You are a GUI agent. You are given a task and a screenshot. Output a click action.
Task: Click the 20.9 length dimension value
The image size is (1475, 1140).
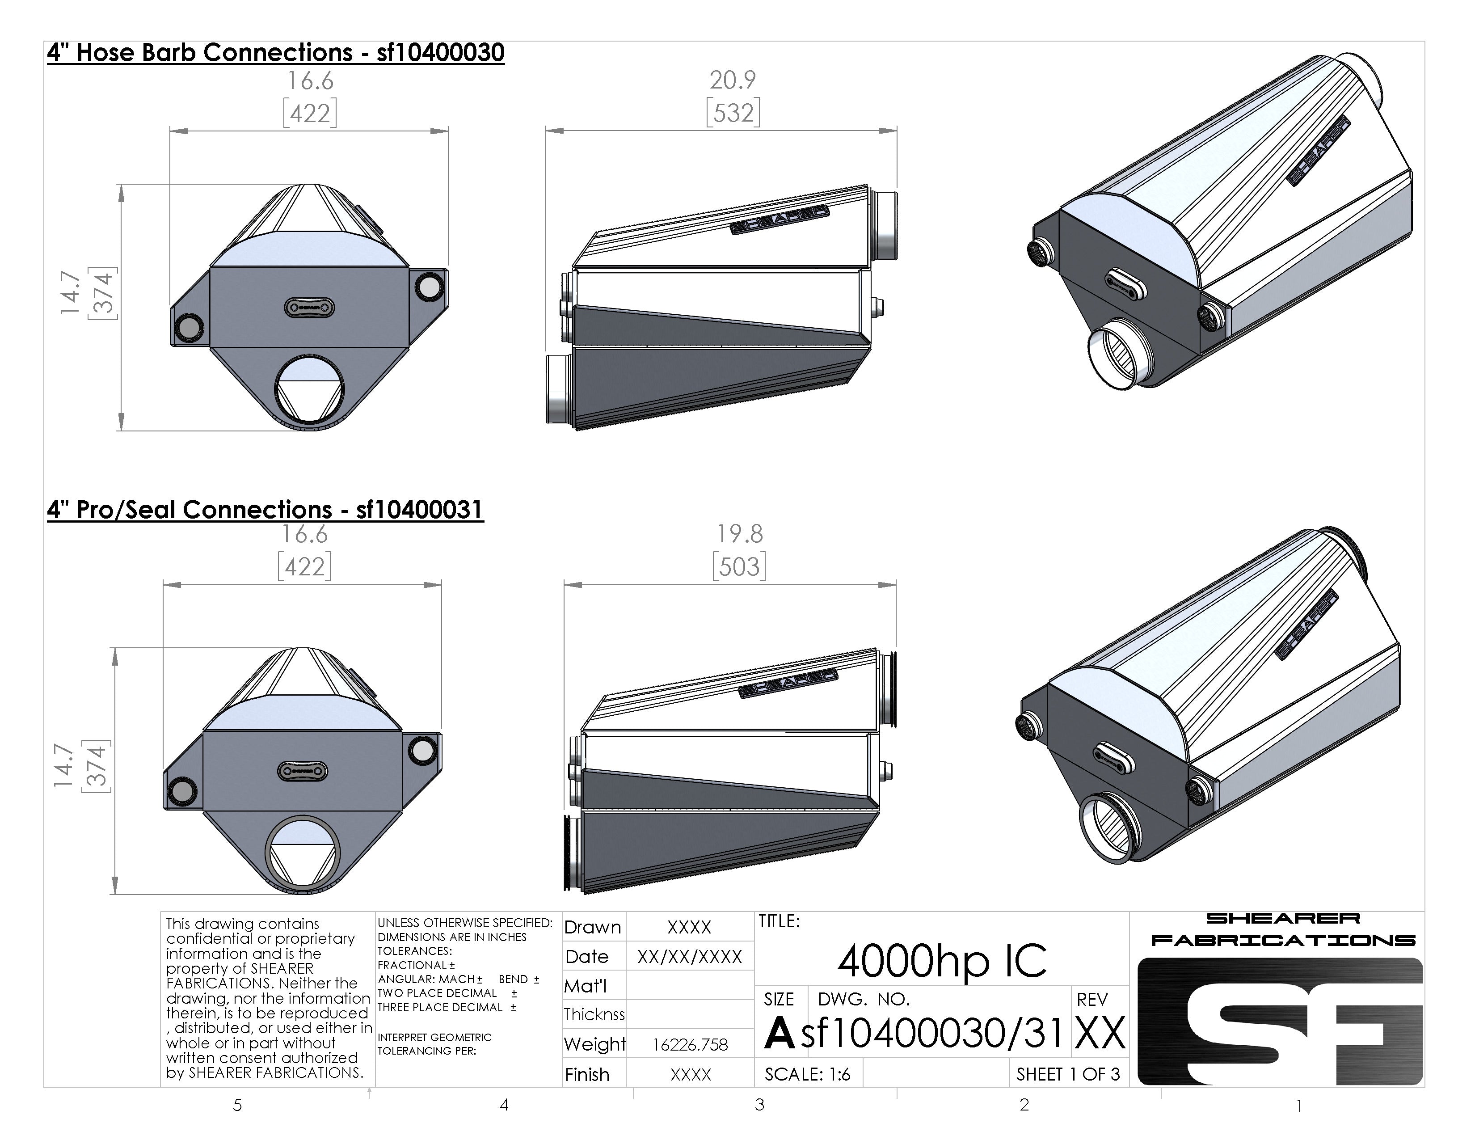tap(732, 80)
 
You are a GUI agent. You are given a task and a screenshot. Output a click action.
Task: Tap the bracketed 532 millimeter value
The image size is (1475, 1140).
tap(733, 112)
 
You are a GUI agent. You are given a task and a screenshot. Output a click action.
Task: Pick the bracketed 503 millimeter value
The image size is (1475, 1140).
tap(740, 566)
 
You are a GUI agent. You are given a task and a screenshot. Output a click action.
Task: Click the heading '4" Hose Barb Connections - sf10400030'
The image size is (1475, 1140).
tap(275, 53)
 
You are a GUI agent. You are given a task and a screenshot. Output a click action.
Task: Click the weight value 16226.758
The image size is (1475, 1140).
tap(690, 1045)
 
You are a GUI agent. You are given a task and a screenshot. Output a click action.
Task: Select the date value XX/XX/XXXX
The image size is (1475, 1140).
tap(690, 956)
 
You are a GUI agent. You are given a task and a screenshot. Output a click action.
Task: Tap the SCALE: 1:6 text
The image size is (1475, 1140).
tap(807, 1074)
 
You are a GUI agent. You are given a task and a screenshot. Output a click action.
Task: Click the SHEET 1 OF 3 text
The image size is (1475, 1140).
tap(1068, 1074)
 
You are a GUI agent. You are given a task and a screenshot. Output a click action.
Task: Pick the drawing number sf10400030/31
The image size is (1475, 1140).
tap(933, 1033)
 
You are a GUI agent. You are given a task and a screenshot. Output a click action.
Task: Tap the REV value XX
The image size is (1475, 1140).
tap(1100, 1033)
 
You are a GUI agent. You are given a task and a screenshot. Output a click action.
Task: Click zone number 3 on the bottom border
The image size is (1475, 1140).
tap(760, 1105)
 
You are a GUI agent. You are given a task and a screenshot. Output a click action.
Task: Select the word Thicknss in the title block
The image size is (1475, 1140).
tap(594, 1014)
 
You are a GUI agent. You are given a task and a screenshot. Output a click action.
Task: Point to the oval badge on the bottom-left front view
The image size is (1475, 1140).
tap(303, 771)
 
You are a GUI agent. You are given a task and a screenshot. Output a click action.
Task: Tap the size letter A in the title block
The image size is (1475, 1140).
tap(780, 1033)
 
